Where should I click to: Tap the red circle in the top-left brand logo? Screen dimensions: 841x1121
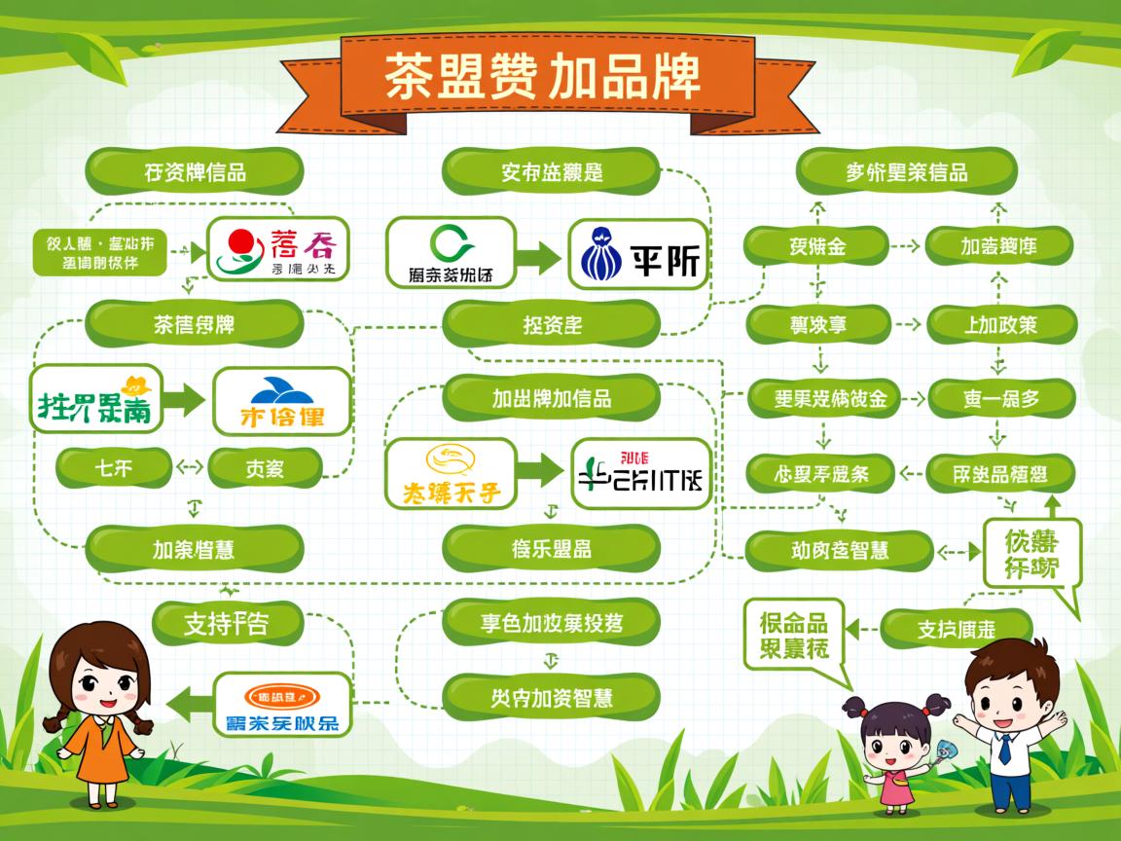(x=239, y=241)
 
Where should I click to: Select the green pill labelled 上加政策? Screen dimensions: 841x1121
(x=1001, y=324)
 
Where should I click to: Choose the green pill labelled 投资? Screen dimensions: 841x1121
(x=552, y=324)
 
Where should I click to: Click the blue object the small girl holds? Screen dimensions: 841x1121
(x=942, y=750)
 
